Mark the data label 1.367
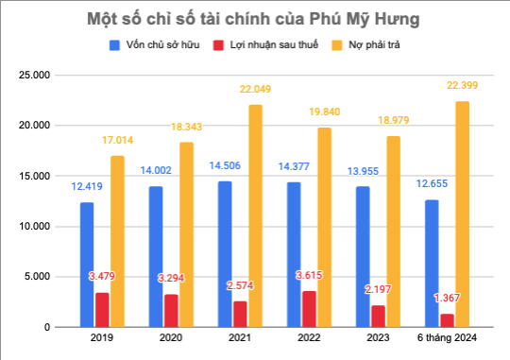point(446,299)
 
